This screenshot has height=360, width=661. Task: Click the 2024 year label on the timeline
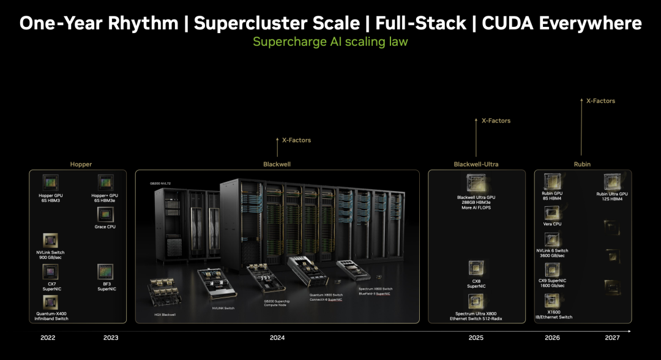click(277, 338)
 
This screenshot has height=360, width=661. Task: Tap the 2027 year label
click(611, 338)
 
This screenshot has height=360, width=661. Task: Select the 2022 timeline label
click(47, 338)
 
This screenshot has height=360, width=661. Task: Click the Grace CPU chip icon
click(105, 214)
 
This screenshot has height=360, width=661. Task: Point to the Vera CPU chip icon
click(552, 212)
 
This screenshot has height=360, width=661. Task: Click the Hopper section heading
click(81, 165)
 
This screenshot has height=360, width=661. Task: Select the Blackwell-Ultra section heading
click(476, 165)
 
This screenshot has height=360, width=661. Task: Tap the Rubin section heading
click(582, 165)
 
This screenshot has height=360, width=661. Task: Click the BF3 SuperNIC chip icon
click(105, 272)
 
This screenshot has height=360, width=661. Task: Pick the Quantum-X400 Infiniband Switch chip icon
click(51, 302)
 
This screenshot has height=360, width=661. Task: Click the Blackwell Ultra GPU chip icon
click(476, 182)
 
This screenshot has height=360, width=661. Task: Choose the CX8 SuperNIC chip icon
click(476, 268)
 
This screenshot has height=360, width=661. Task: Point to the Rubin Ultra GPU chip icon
click(613, 182)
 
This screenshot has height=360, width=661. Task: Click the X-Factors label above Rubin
click(600, 101)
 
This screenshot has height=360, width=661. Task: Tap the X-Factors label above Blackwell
click(296, 140)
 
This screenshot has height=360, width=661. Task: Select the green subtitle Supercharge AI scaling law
click(330, 42)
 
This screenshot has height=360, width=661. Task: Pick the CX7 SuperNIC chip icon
click(51, 272)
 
